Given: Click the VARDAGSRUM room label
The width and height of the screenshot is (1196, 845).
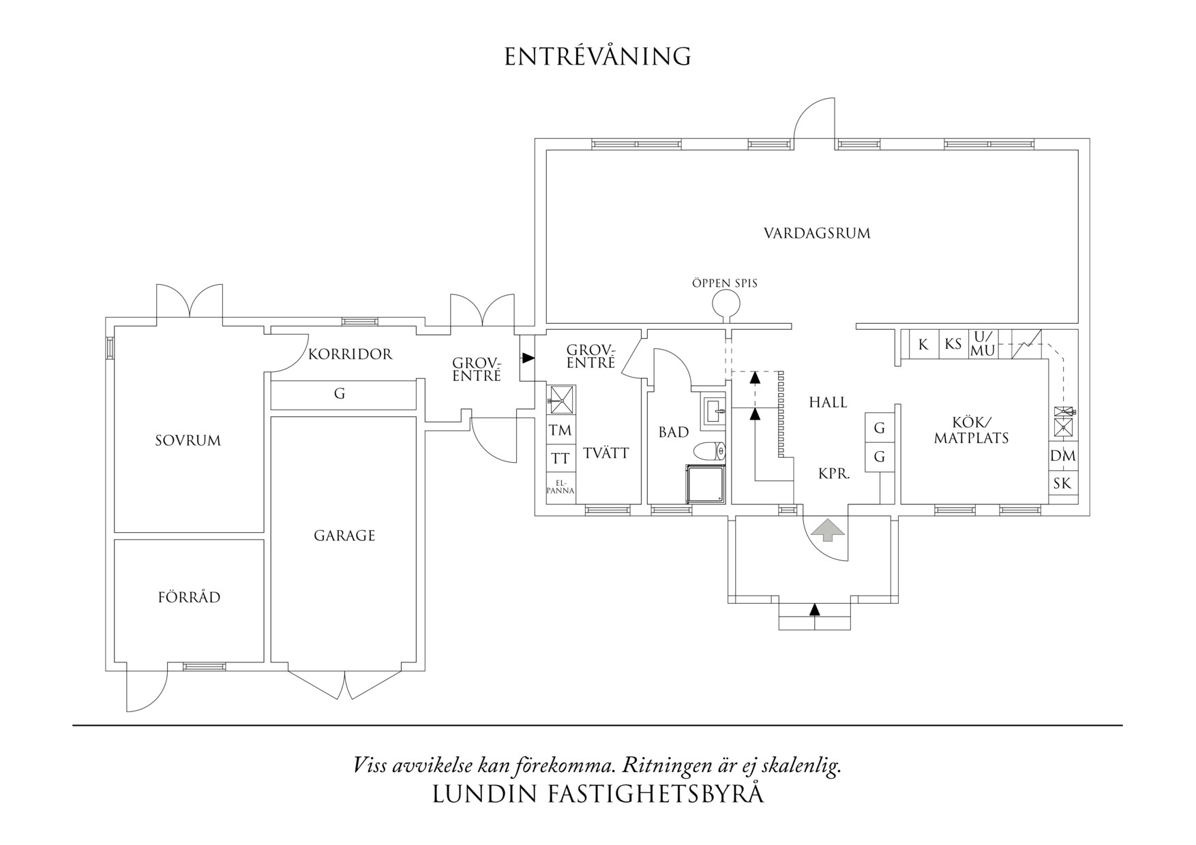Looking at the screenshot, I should pyautogui.click(x=817, y=234).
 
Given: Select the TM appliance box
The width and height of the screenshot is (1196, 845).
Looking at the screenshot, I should pyautogui.click(x=560, y=431).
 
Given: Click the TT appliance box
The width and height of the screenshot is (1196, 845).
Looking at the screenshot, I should pyautogui.click(x=560, y=459).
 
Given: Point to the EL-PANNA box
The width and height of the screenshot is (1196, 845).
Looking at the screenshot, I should pyautogui.click(x=560, y=488).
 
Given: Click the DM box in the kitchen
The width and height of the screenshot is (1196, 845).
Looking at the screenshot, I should pyautogui.click(x=1062, y=456).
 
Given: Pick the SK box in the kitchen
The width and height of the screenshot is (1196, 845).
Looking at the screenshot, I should pyautogui.click(x=1062, y=484).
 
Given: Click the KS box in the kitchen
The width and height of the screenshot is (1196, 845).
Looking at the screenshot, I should pyautogui.click(x=953, y=344).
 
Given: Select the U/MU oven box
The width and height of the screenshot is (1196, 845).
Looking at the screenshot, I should pyautogui.click(x=983, y=344).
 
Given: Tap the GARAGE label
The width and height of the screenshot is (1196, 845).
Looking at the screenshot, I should pyautogui.click(x=344, y=536).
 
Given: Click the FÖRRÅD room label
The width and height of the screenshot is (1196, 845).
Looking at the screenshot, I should pyautogui.click(x=189, y=598).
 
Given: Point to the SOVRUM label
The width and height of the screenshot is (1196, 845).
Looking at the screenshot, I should pyautogui.click(x=188, y=441).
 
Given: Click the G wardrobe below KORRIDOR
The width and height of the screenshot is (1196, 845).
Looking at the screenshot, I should pyautogui.click(x=340, y=394).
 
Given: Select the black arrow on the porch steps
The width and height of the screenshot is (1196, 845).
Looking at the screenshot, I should pyautogui.click(x=814, y=609).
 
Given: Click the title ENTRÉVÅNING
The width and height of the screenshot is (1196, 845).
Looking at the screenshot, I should pyautogui.click(x=597, y=57).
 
